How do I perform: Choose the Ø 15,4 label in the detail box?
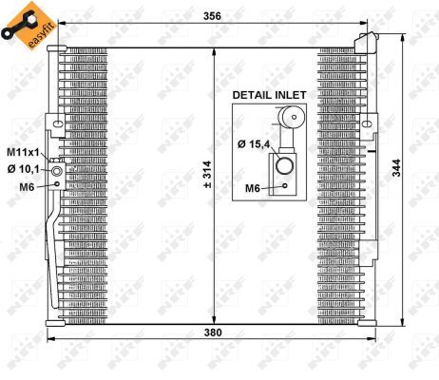coord(254,143)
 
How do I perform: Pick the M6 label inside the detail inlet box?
coord(254,188)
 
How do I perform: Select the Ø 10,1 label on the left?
coord(24,169)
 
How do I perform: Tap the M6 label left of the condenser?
coord(28,186)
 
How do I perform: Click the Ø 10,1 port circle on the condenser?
coord(57,172)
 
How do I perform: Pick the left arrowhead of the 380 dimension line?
coord(52,342)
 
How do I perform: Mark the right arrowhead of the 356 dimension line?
coord(376,23)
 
